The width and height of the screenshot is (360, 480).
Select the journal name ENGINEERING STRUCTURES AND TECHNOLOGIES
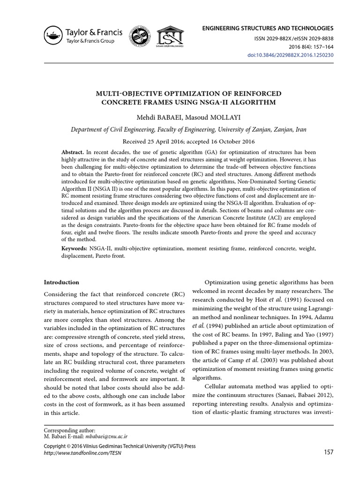pos(268,29)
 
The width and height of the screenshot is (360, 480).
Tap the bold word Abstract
pos(73,153)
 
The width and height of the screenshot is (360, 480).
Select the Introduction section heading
pos(61,282)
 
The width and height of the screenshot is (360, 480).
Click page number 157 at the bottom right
pos(328,452)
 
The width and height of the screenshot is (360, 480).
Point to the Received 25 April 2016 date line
pos(180,141)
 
